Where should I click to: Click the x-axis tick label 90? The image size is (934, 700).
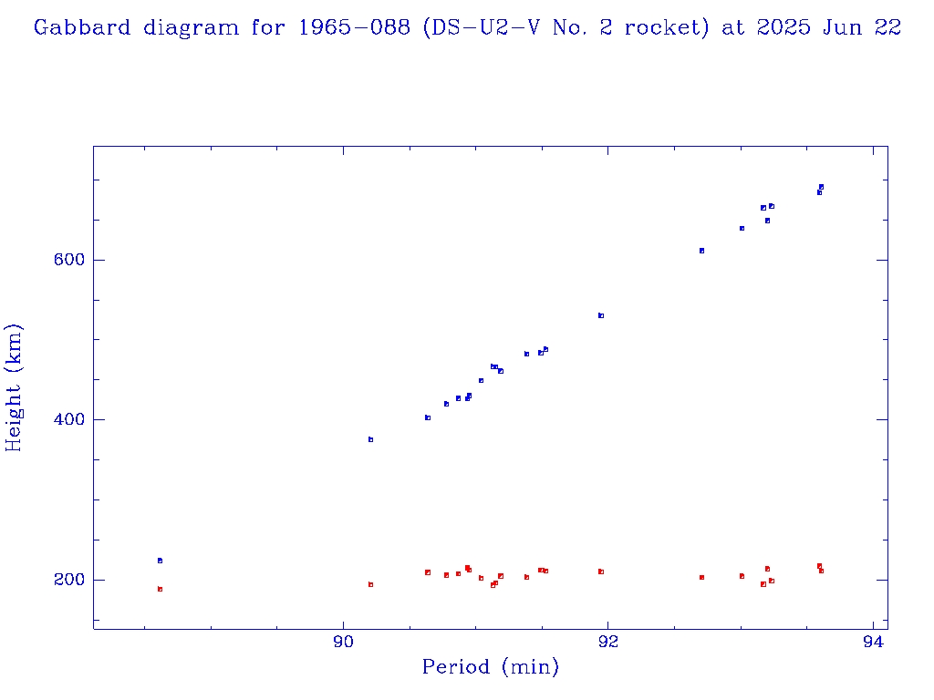pyautogui.click(x=343, y=641)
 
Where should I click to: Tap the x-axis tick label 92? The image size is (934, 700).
pyautogui.click(x=607, y=641)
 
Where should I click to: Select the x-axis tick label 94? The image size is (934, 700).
pyautogui.click(x=873, y=641)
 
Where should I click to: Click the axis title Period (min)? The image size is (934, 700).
pyautogui.click(x=490, y=668)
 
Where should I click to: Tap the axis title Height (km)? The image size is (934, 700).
pyautogui.click(x=14, y=387)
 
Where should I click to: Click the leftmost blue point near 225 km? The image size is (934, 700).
pyautogui.click(x=160, y=561)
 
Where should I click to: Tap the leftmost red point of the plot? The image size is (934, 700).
pyautogui.click(x=160, y=589)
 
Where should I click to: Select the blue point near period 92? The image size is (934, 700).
pyautogui.click(x=601, y=315)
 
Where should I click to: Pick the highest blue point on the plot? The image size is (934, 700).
pyautogui.click(x=821, y=187)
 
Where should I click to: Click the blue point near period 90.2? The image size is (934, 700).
pyautogui.click(x=370, y=439)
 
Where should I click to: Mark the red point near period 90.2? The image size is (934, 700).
pyautogui.click(x=370, y=584)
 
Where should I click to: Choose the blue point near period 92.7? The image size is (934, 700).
pyautogui.click(x=701, y=251)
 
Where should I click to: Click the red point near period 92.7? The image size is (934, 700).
pyautogui.click(x=701, y=577)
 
